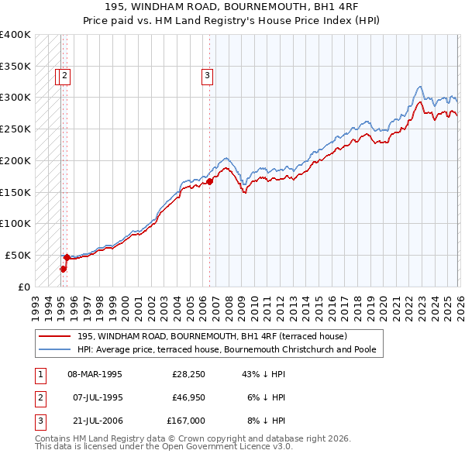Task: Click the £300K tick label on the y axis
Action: tap(15, 98)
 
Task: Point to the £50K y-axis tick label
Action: tap(18, 255)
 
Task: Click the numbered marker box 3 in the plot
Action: tap(208, 76)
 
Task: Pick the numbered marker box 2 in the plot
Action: tap(65, 76)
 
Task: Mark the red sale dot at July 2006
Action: tap(209, 181)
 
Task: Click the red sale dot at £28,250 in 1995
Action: tap(64, 269)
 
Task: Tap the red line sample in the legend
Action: tap(55, 336)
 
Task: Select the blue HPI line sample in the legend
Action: tap(55, 350)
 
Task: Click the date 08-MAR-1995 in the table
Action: tap(95, 374)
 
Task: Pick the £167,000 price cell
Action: tap(186, 421)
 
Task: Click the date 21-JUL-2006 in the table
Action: tap(95, 421)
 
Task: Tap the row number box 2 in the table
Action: tap(40, 397)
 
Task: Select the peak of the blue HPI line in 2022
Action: tap(419, 86)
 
